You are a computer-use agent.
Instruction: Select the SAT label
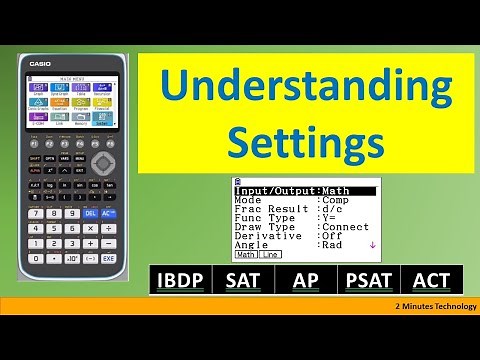point(244,281)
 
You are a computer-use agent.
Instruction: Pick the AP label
point(305,281)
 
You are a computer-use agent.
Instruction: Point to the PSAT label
point(368,281)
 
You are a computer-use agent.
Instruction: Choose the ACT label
point(430,281)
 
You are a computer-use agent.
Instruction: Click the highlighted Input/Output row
point(306,190)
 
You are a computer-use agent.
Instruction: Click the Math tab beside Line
point(246,256)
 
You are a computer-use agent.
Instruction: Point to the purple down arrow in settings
point(372,244)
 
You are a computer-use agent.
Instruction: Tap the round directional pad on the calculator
point(102,162)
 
